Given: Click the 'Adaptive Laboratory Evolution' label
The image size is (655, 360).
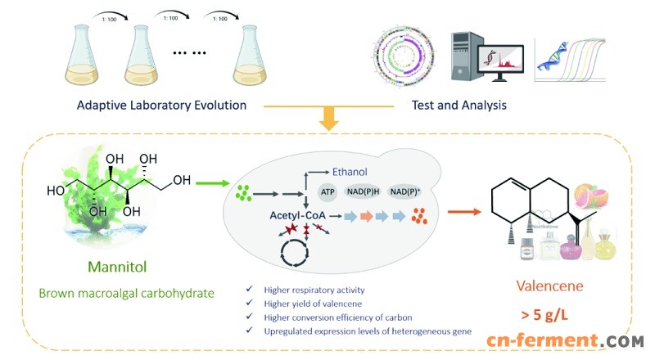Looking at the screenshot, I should pyautogui.click(x=161, y=105).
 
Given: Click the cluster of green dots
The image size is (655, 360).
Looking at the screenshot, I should pyautogui.click(x=243, y=195).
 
